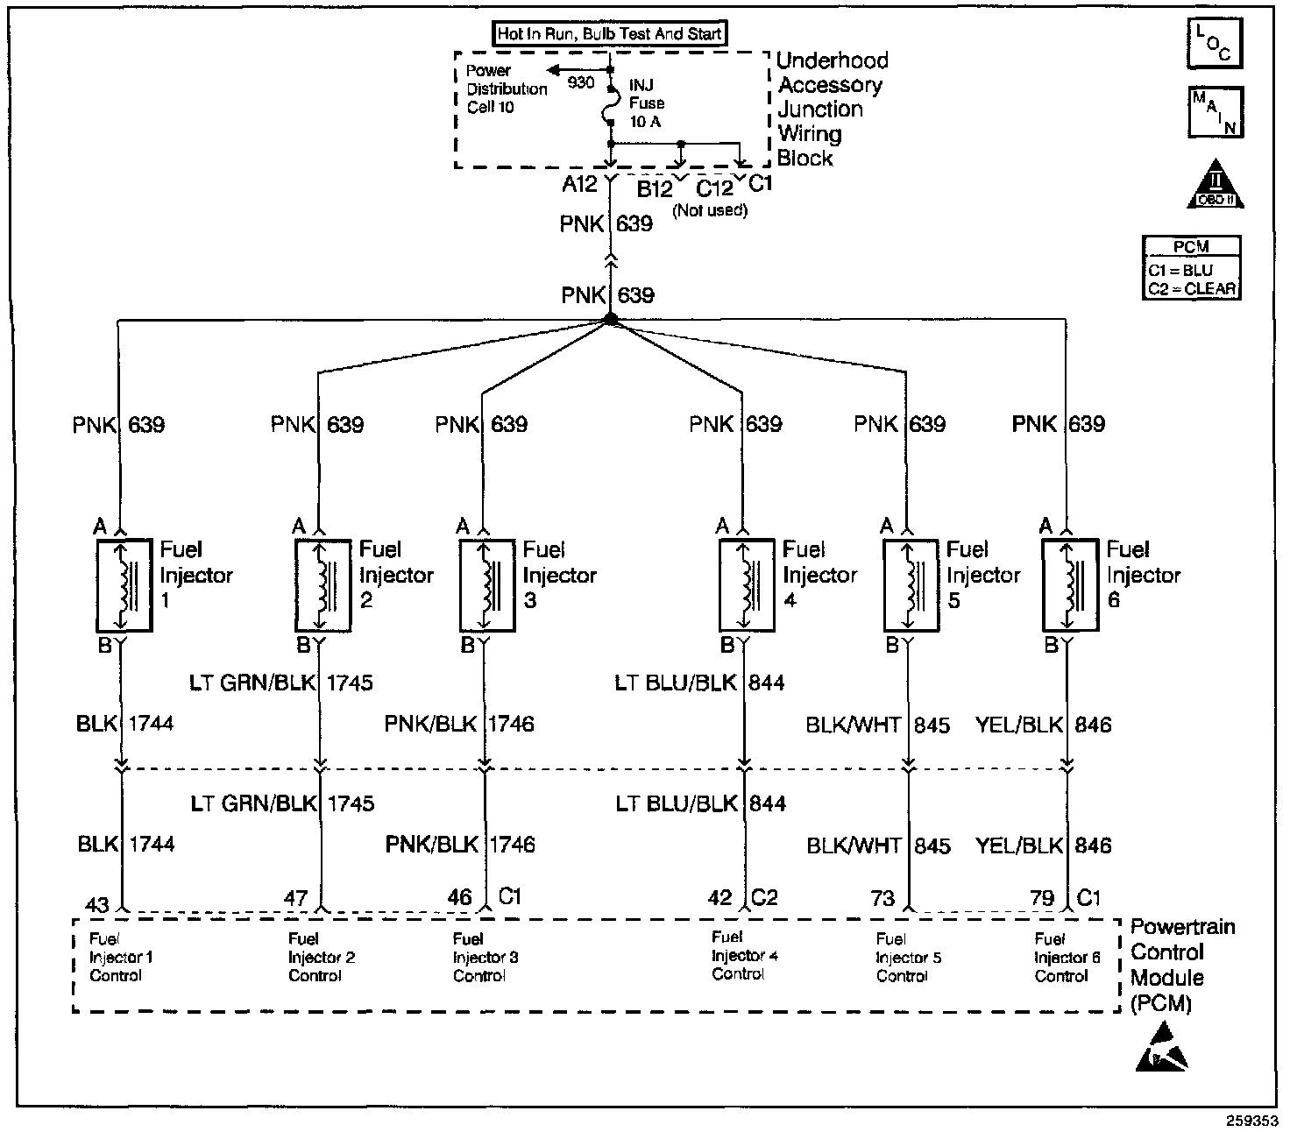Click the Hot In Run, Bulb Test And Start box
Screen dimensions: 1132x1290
pyautogui.click(x=611, y=34)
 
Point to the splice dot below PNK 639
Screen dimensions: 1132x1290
pyautogui.click(x=611, y=322)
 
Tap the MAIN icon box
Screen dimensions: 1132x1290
pyautogui.click(x=1215, y=112)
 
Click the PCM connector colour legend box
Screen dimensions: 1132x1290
pyautogui.click(x=1192, y=268)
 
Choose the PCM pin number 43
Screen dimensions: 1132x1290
pyautogui.click(x=97, y=903)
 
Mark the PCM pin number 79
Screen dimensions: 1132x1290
pyautogui.click(x=1042, y=898)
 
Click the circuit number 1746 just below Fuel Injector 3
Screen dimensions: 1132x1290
pyautogui.click(x=511, y=724)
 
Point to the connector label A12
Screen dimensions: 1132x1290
pyautogui.click(x=580, y=184)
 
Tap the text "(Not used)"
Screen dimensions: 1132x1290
pyautogui.click(x=710, y=210)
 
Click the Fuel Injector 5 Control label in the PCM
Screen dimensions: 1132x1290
pyautogui.click(x=908, y=957)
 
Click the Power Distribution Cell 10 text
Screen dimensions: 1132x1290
pyautogui.click(x=507, y=88)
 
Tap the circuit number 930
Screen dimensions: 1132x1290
pyautogui.click(x=581, y=83)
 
